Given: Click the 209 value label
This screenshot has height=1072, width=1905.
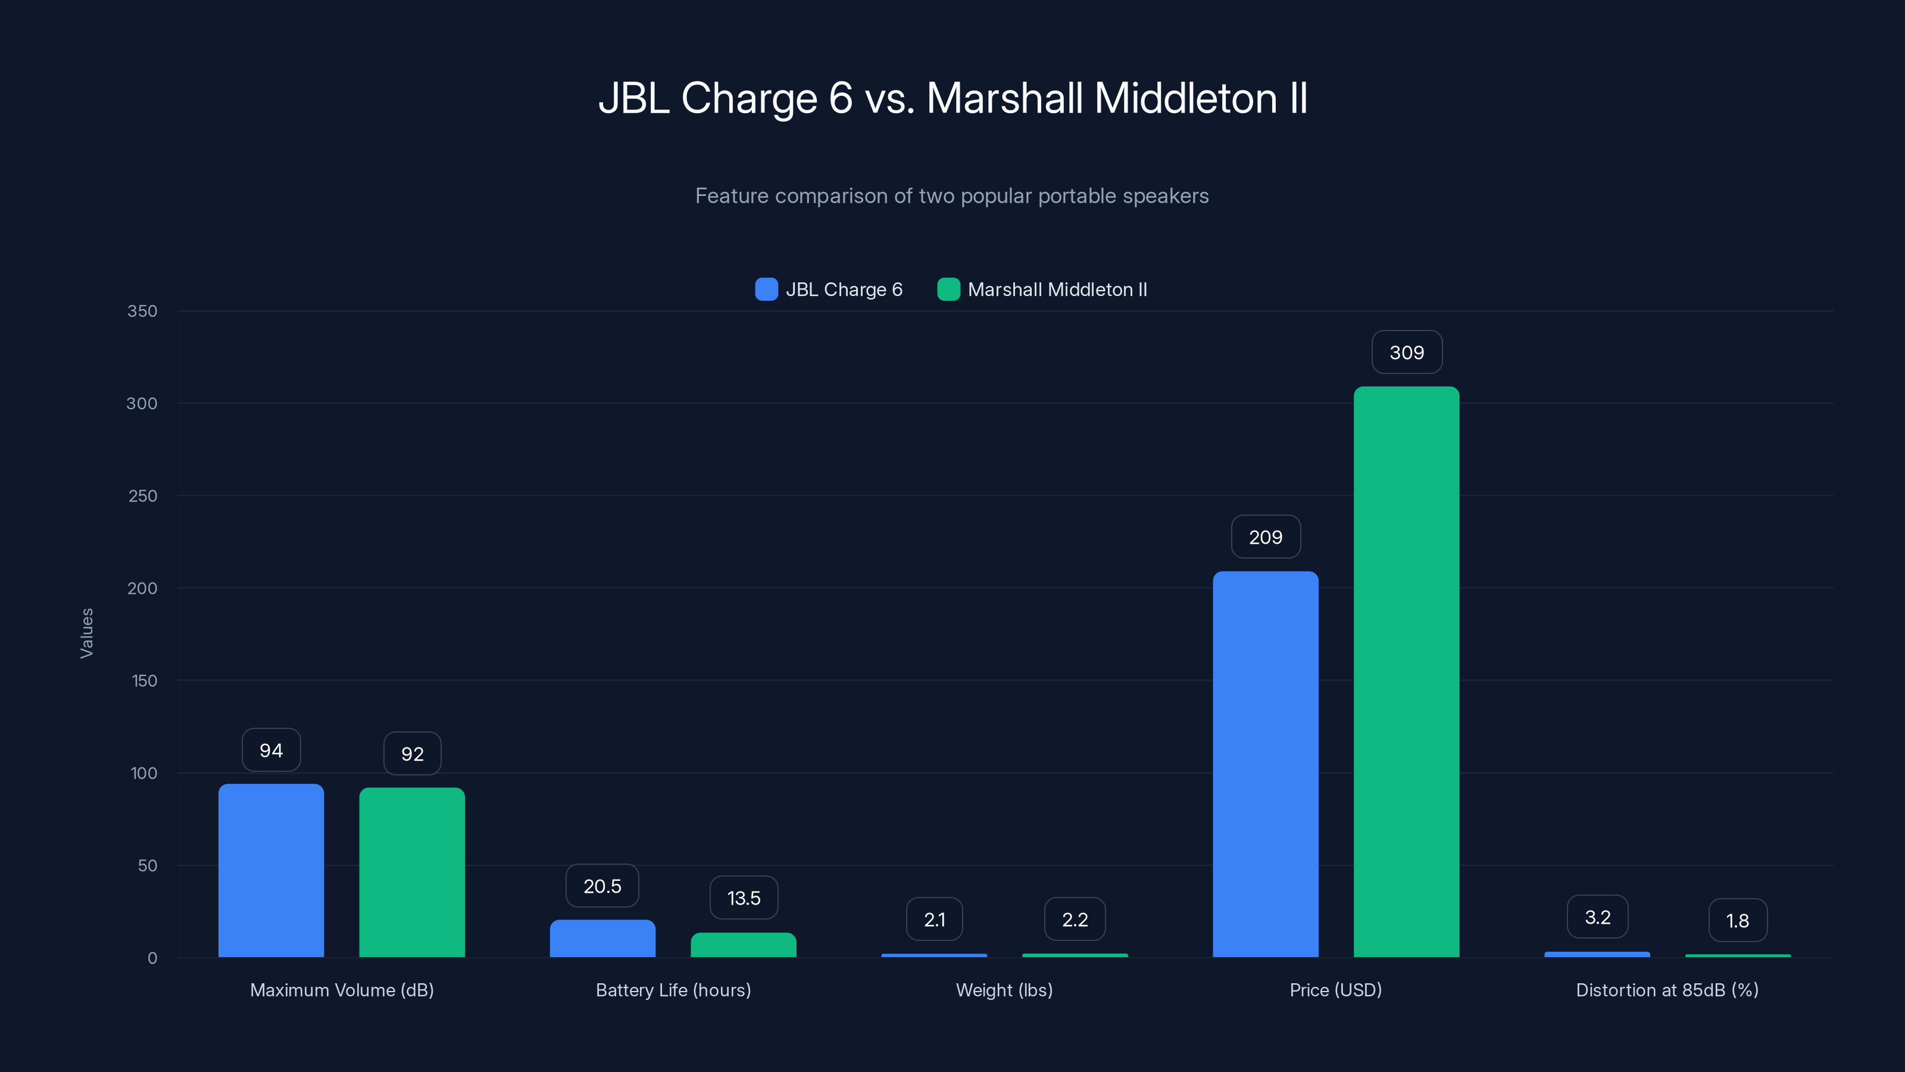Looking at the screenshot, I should point(1265,537).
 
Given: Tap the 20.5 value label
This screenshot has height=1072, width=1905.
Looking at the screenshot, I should point(602,886).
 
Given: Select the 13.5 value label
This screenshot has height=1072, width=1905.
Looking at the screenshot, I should point(743,898).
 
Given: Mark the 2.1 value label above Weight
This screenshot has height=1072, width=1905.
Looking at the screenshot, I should point(934,919).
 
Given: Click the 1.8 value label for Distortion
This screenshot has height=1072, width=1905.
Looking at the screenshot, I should point(1737,920).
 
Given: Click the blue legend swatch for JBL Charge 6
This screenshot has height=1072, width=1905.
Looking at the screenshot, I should point(766,289).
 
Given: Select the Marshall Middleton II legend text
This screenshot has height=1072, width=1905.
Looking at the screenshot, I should point(1057,289).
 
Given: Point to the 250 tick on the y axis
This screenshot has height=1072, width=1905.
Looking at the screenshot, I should point(143,496).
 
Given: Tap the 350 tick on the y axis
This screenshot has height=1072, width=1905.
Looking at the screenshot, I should point(142,311).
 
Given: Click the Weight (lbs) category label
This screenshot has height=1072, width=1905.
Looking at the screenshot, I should point(1004,990).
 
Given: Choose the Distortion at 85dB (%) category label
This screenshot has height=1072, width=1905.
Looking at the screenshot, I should point(1667,990).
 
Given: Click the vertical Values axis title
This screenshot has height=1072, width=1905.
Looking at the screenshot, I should point(86,633).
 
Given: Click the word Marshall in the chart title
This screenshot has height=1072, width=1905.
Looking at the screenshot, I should point(1004,98).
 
